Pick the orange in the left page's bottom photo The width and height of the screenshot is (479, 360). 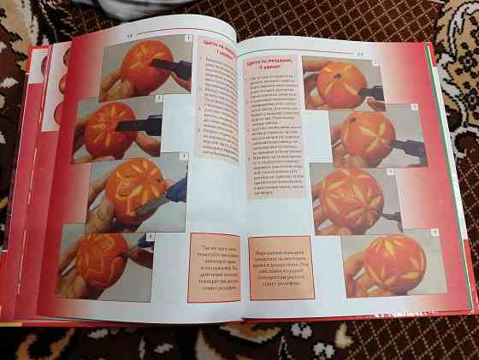[103, 259]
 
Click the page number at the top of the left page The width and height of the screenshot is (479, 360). [129, 36]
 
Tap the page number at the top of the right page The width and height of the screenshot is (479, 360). [360, 53]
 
